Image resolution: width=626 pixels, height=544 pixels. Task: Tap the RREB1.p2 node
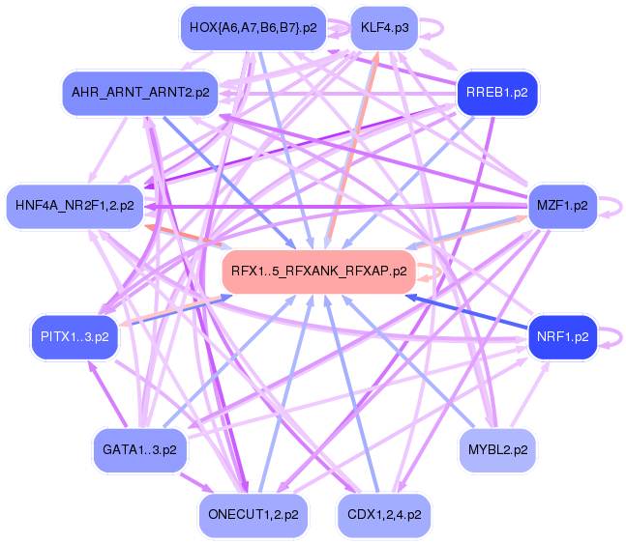click(x=496, y=93)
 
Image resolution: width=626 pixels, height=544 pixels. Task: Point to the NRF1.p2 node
click(x=561, y=337)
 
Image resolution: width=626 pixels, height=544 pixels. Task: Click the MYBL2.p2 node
click(x=496, y=449)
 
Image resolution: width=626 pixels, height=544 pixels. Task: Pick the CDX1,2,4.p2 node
click(x=384, y=515)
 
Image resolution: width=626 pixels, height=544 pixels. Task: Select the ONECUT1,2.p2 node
click(x=253, y=515)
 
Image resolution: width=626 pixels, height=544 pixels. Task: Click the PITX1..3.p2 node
click(x=75, y=337)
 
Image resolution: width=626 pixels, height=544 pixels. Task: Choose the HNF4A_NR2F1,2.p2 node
click(x=75, y=206)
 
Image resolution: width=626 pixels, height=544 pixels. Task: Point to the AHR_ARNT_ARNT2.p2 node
click(x=140, y=93)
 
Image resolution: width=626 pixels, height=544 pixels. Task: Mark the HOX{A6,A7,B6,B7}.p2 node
click(x=253, y=28)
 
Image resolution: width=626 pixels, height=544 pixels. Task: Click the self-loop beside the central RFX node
click(x=435, y=272)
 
